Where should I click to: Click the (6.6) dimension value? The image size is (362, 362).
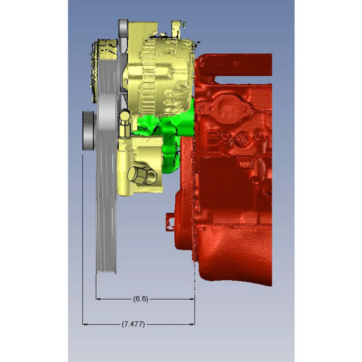pyautogui.click(x=140, y=299)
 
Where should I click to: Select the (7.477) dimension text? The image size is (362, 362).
pyautogui.click(x=133, y=324)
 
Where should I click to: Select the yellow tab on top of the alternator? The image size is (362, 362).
pyautogui.click(x=176, y=25)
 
